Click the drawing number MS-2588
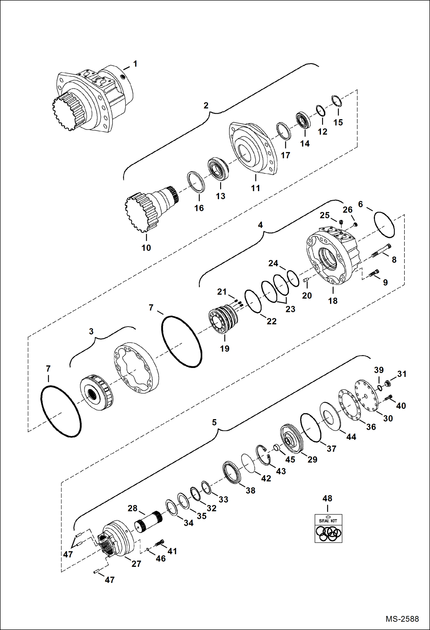402,619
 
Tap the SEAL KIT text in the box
328,521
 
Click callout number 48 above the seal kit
327,498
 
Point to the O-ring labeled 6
384,225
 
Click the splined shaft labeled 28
148,522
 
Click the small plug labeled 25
341,222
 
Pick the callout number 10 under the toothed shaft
146,248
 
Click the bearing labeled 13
218,169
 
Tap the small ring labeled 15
336,101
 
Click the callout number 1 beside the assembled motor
135,64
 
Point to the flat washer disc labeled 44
330,416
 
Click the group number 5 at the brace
214,422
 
